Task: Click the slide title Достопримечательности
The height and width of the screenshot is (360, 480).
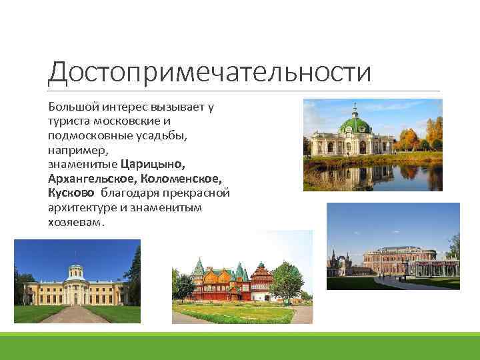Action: click(x=209, y=71)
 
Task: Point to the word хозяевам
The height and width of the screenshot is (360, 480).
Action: click(x=75, y=222)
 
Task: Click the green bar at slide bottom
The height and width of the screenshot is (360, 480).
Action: click(x=240, y=346)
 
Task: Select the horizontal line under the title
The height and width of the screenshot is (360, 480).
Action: click(x=243, y=91)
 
